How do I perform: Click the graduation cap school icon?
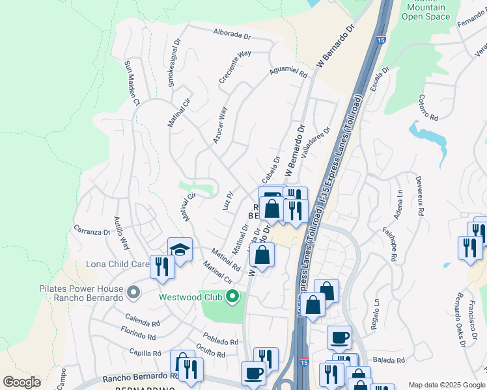[180, 250]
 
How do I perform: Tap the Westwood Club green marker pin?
[232, 298]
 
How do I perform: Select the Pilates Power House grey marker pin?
[133, 292]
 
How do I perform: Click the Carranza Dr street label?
[92, 231]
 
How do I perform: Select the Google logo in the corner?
[21, 382]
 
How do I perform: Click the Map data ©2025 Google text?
[446, 385]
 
